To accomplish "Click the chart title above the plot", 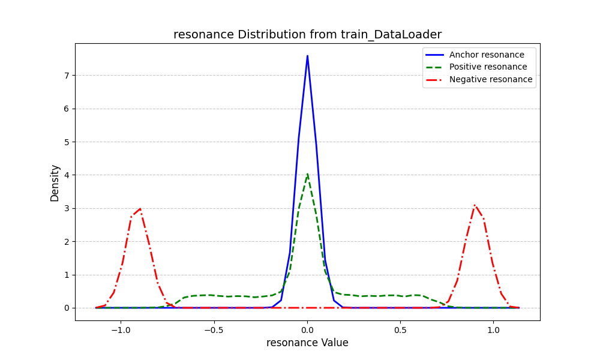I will (x=307, y=35).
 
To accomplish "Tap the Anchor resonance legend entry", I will (x=486, y=55).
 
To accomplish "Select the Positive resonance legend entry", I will (x=488, y=67).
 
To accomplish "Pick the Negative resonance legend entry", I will (x=490, y=79).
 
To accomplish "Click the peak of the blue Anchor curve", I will (x=307, y=56).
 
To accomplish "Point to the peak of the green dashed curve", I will (x=307, y=175).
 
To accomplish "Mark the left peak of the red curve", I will (x=140, y=209).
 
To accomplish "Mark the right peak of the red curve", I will (x=475, y=205).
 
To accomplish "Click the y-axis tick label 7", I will (x=67, y=76).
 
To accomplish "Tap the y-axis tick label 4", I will (x=67, y=175).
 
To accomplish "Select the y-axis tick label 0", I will (x=67, y=308).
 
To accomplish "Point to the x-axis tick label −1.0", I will (x=121, y=329).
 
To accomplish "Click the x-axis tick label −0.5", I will (x=214, y=329).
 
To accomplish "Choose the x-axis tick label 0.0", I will (x=307, y=329).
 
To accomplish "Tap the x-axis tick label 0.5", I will (x=400, y=329).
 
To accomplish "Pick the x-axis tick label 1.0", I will (x=493, y=329).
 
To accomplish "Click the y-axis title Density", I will (x=55, y=183).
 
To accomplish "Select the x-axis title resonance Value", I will (x=307, y=343).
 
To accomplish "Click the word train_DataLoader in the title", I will (x=393, y=35).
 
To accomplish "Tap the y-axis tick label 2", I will (x=67, y=242).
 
